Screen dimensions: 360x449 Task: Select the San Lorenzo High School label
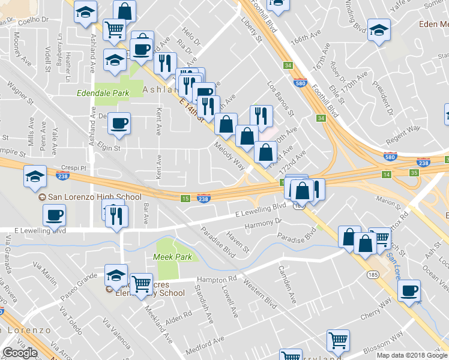click(90, 197)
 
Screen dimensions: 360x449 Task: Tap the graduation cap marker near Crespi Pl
click(35, 176)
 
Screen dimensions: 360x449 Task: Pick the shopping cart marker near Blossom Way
click(339, 340)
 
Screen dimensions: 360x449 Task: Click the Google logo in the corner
click(20, 353)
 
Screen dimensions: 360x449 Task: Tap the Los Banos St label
click(280, 100)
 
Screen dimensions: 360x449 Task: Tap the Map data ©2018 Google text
click(412, 355)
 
